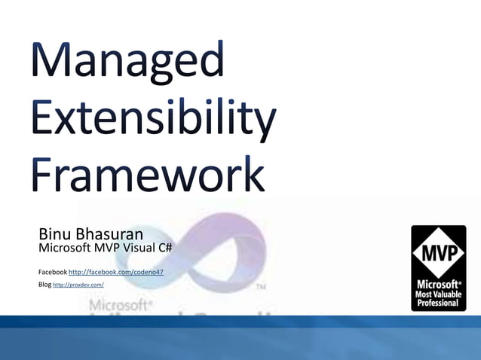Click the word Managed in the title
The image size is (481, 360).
[127, 62]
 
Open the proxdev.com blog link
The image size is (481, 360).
[78, 285]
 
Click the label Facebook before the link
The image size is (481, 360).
[52, 271]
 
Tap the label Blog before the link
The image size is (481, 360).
[44, 285]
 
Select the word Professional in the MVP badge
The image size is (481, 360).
[438, 303]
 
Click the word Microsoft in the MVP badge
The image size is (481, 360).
[437, 285]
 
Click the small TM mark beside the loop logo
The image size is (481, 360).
[261, 287]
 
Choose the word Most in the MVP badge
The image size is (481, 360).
[424, 294]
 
